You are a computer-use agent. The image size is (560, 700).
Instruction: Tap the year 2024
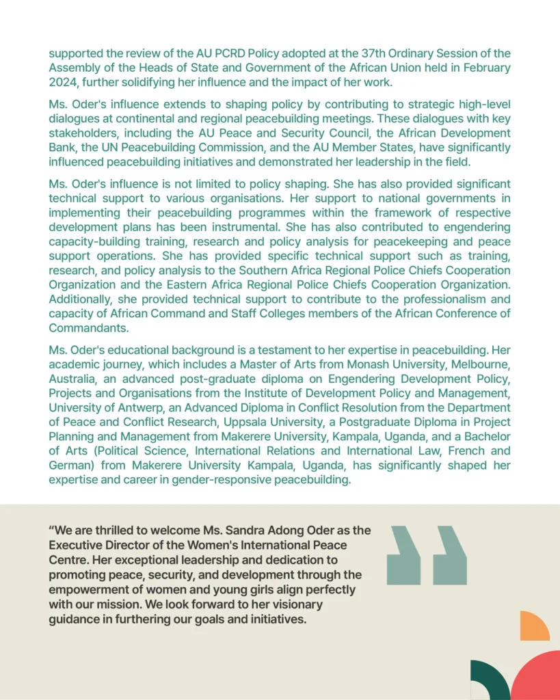click(x=63, y=82)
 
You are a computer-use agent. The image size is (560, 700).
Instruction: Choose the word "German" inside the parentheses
click(x=70, y=466)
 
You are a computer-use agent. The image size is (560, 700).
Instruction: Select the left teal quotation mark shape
click(x=404, y=555)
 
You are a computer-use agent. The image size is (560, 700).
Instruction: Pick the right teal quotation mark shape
click(x=451, y=555)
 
